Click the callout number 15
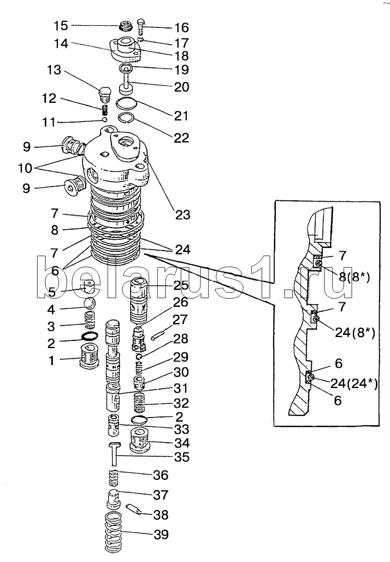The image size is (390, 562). coord(61,26)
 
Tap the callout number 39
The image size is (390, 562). coord(161,535)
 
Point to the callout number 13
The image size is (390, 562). coord(54,69)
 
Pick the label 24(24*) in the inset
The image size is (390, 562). coord(354,383)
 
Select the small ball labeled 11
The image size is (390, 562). coord(105,119)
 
